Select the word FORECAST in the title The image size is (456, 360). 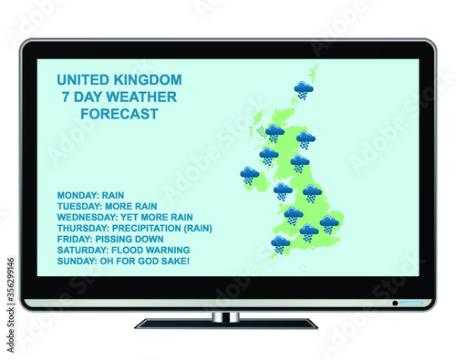click(119, 114)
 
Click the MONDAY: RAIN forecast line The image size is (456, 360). click(91, 195)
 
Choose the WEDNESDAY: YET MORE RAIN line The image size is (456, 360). click(125, 217)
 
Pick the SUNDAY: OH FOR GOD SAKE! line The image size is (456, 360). click(123, 261)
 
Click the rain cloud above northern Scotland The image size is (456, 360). click(304, 89)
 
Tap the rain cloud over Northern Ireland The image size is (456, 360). click(249, 175)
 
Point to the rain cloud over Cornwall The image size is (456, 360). click(280, 243)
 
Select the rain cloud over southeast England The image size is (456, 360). click(329, 223)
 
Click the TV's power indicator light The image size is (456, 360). click(395, 303)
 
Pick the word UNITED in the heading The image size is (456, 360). click(83, 80)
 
